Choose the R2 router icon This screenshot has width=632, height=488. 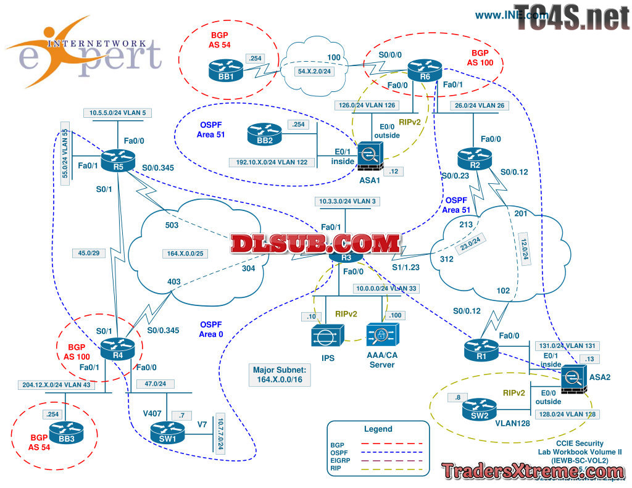(x=473, y=158)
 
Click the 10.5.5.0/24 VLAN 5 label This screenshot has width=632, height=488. (x=118, y=112)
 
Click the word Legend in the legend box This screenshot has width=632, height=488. (x=377, y=429)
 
